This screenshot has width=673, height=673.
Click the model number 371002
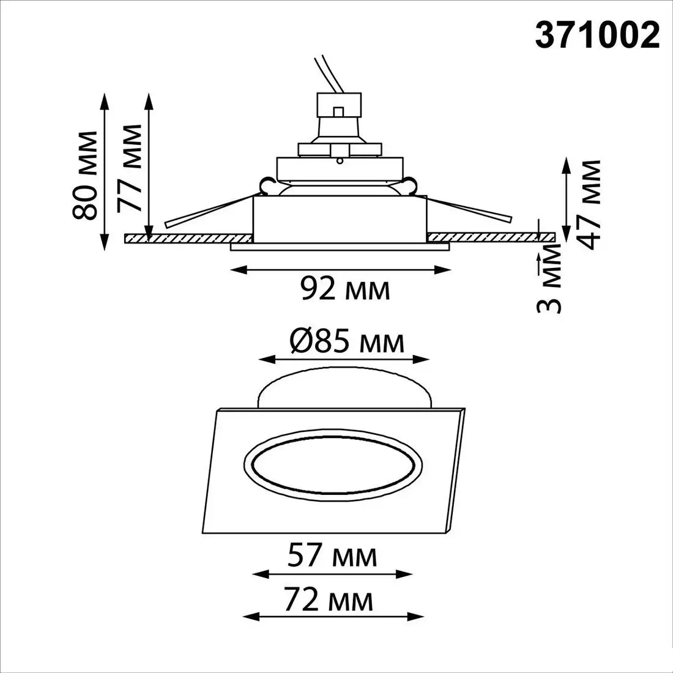[597, 35]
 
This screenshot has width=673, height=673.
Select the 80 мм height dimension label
[84, 175]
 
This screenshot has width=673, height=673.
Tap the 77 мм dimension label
[129, 168]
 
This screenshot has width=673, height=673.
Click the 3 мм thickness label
[549, 279]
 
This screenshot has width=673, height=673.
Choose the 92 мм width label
[345, 289]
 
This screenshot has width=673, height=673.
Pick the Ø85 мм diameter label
[347, 341]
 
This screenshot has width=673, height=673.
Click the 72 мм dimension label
[329, 600]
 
